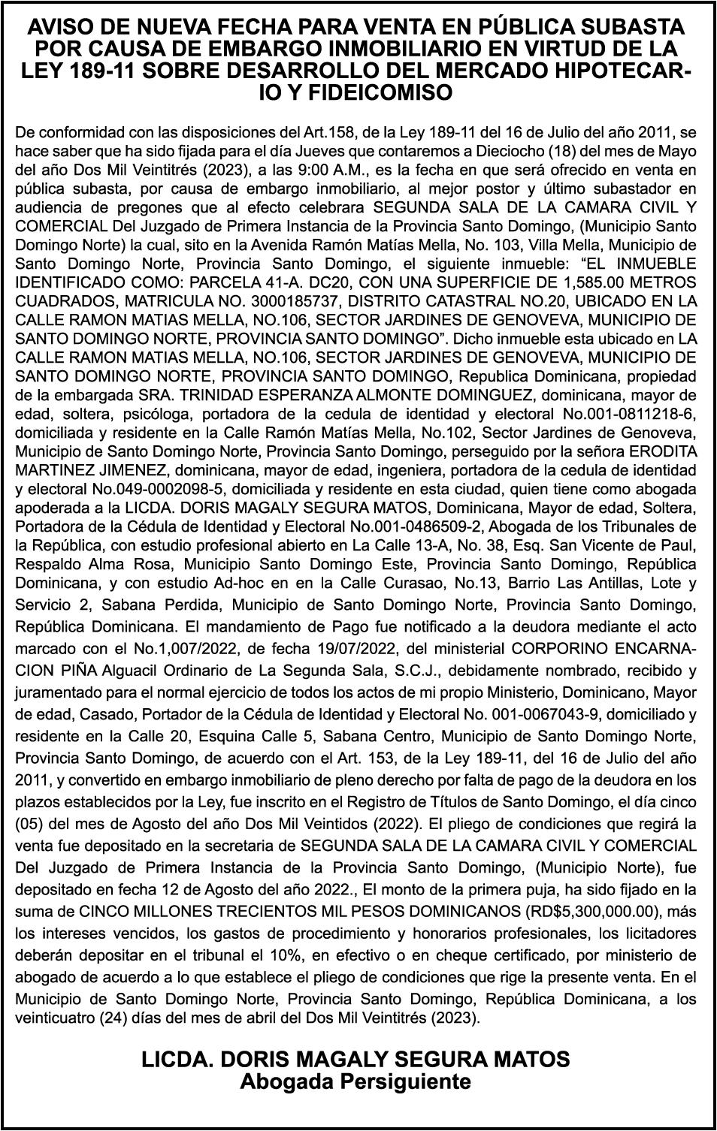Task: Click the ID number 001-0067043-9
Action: pos(549,713)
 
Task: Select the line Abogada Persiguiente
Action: pos(355,1082)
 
